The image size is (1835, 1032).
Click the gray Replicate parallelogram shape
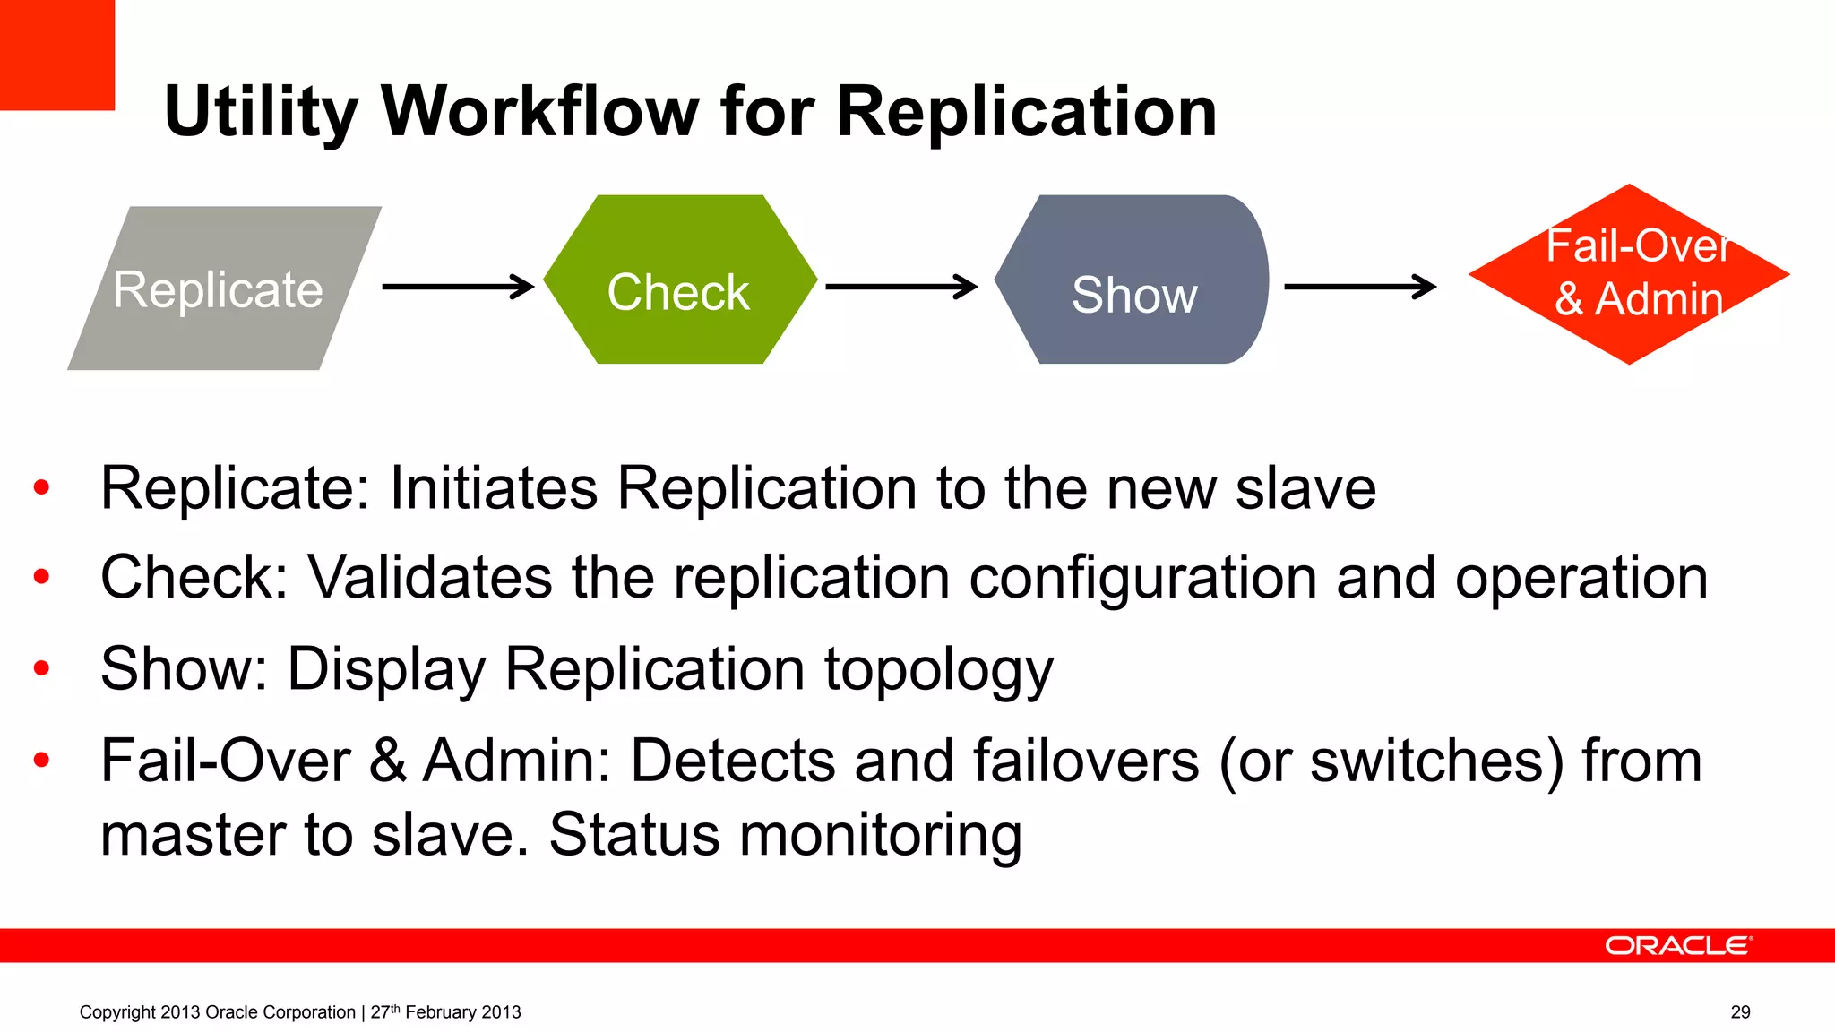click(x=224, y=288)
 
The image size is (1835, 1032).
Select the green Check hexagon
click(x=679, y=279)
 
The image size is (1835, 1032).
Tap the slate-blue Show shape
click(x=1133, y=279)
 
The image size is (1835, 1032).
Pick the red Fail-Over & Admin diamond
click(x=1629, y=274)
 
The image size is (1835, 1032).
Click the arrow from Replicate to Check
click(x=458, y=287)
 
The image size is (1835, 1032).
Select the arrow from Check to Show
click(x=900, y=287)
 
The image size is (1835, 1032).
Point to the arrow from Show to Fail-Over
click(x=1359, y=287)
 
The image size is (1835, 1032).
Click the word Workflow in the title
click(x=539, y=112)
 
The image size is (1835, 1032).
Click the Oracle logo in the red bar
click(x=1678, y=946)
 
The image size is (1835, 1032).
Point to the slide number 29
click(x=1740, y=1012)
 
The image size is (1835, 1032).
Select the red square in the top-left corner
click(x=56, y=54)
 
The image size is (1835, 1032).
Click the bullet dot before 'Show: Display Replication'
click(x=41, y=668)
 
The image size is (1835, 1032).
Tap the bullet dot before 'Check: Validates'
click(x=41, y=577)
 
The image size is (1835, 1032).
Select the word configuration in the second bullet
click(x=1142, y=578)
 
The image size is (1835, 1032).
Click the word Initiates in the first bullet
click(x=494, y=488)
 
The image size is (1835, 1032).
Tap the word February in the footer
click(x=441, y=1012)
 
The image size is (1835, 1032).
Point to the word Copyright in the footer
click(x=117, y=1012)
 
